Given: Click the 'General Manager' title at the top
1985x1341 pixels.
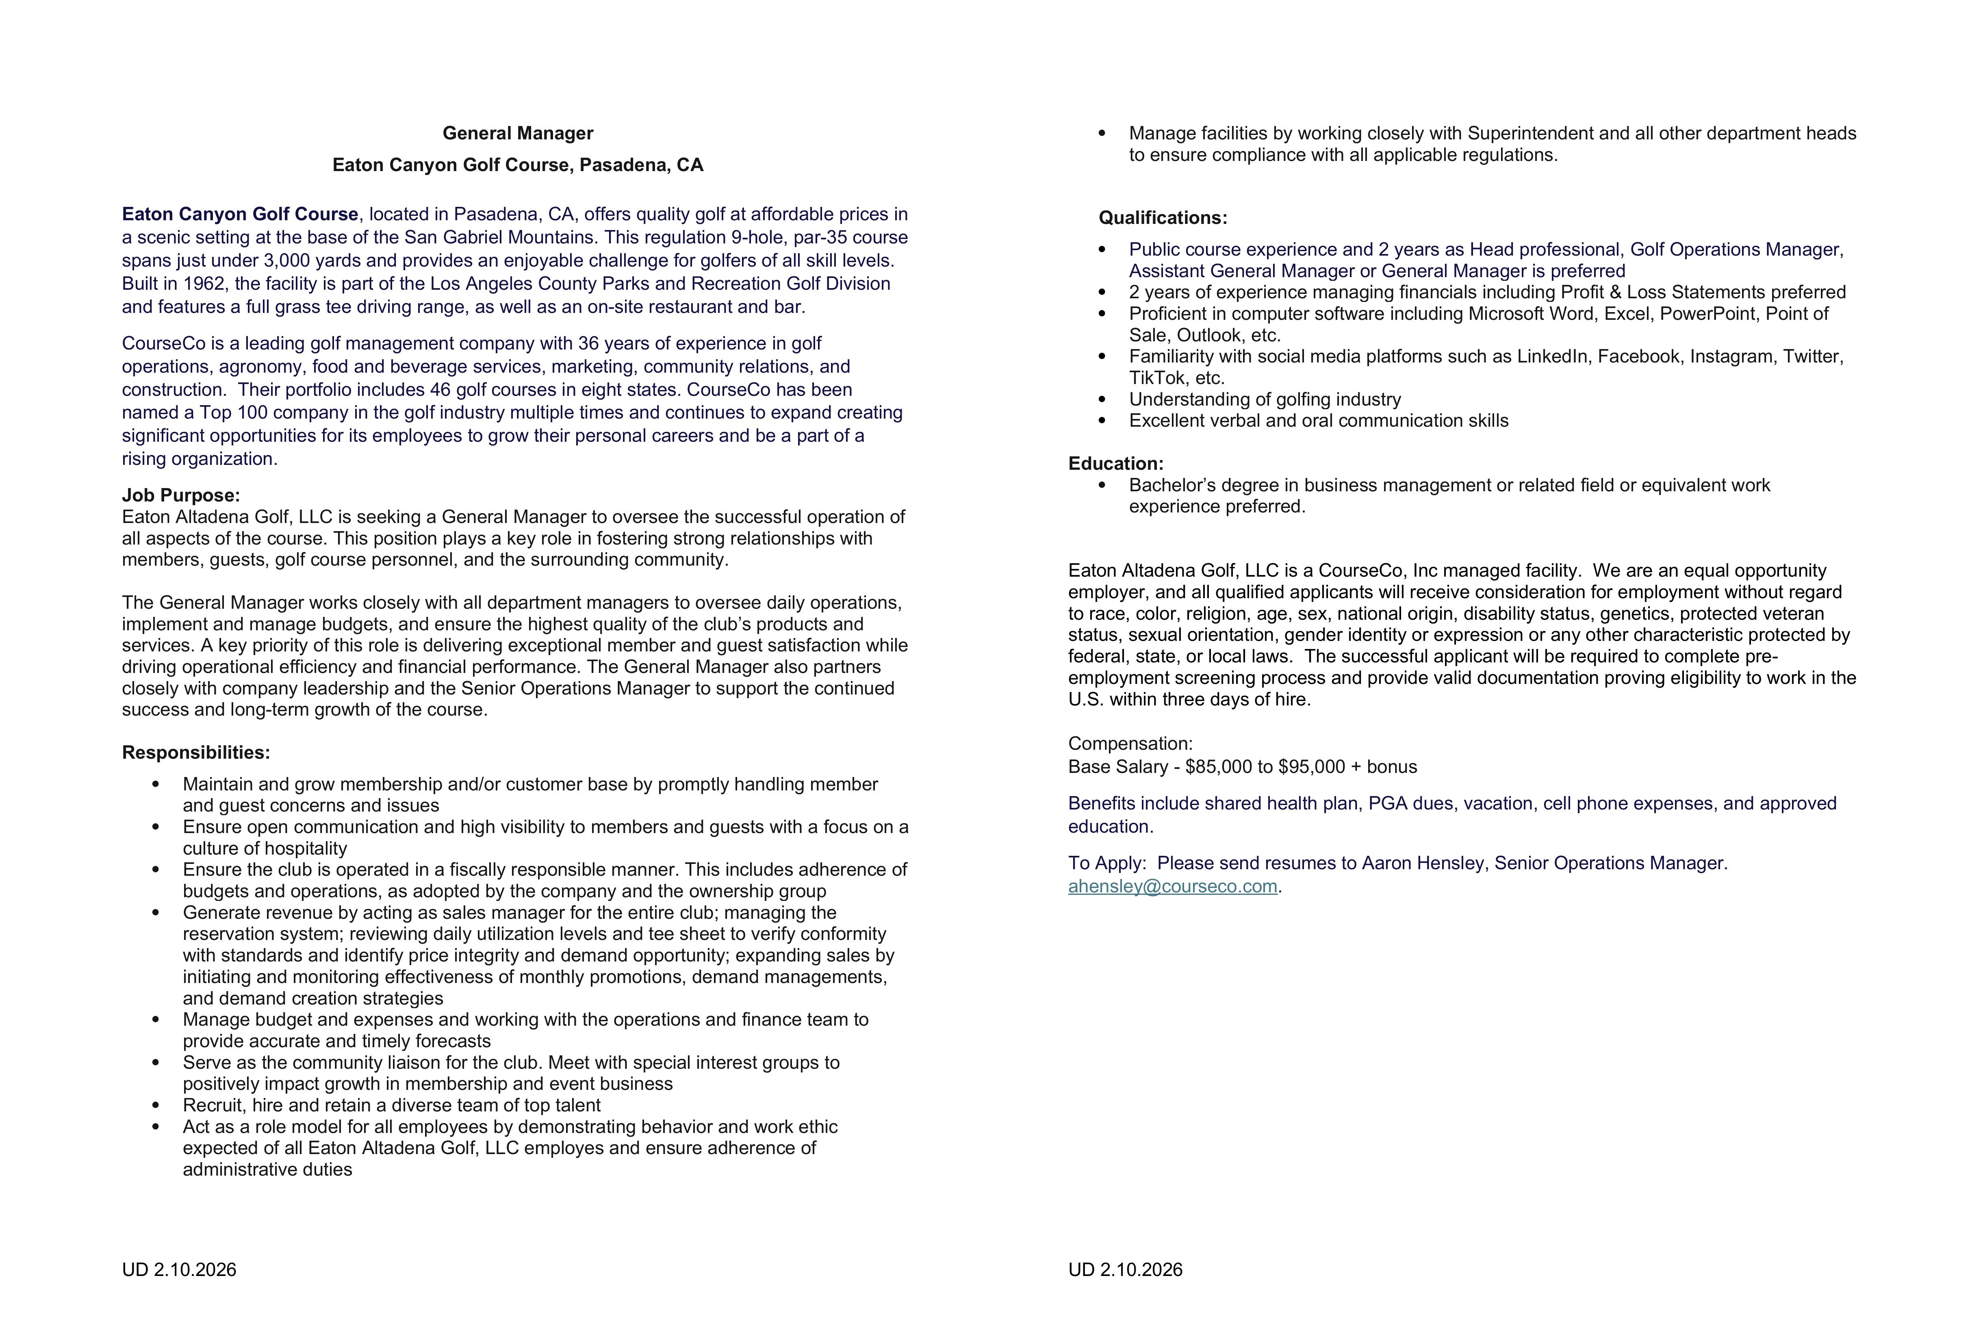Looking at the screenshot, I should tap(518, 133).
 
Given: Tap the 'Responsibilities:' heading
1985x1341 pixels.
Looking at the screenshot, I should tap(195, 753).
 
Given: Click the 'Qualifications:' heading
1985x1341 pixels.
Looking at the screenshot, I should tap(1163, 218).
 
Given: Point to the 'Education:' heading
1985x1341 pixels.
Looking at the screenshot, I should tap(1115, 464).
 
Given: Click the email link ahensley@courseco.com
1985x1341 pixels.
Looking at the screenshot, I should tap(1172, 887).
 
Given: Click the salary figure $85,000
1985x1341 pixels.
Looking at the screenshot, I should tap(1221, 767).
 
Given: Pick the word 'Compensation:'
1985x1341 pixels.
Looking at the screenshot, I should tap(1130, 744).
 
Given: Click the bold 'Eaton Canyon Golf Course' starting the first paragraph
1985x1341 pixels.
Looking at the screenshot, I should tap(240, 215).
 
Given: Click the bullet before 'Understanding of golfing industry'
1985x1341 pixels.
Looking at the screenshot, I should tap(1102, 400).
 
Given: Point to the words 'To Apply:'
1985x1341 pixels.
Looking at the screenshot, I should tap(1106, 864).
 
